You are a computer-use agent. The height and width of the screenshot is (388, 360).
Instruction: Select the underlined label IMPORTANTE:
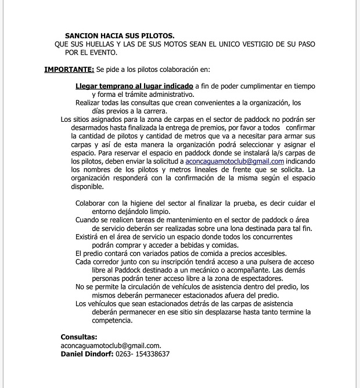[x=69, y=70]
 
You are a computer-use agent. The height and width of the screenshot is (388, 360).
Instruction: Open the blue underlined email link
[x=235, y=161]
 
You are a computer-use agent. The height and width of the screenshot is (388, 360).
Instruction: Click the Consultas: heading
[x=79, y=337]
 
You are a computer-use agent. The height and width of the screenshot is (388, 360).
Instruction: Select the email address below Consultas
[x=110, y=345]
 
